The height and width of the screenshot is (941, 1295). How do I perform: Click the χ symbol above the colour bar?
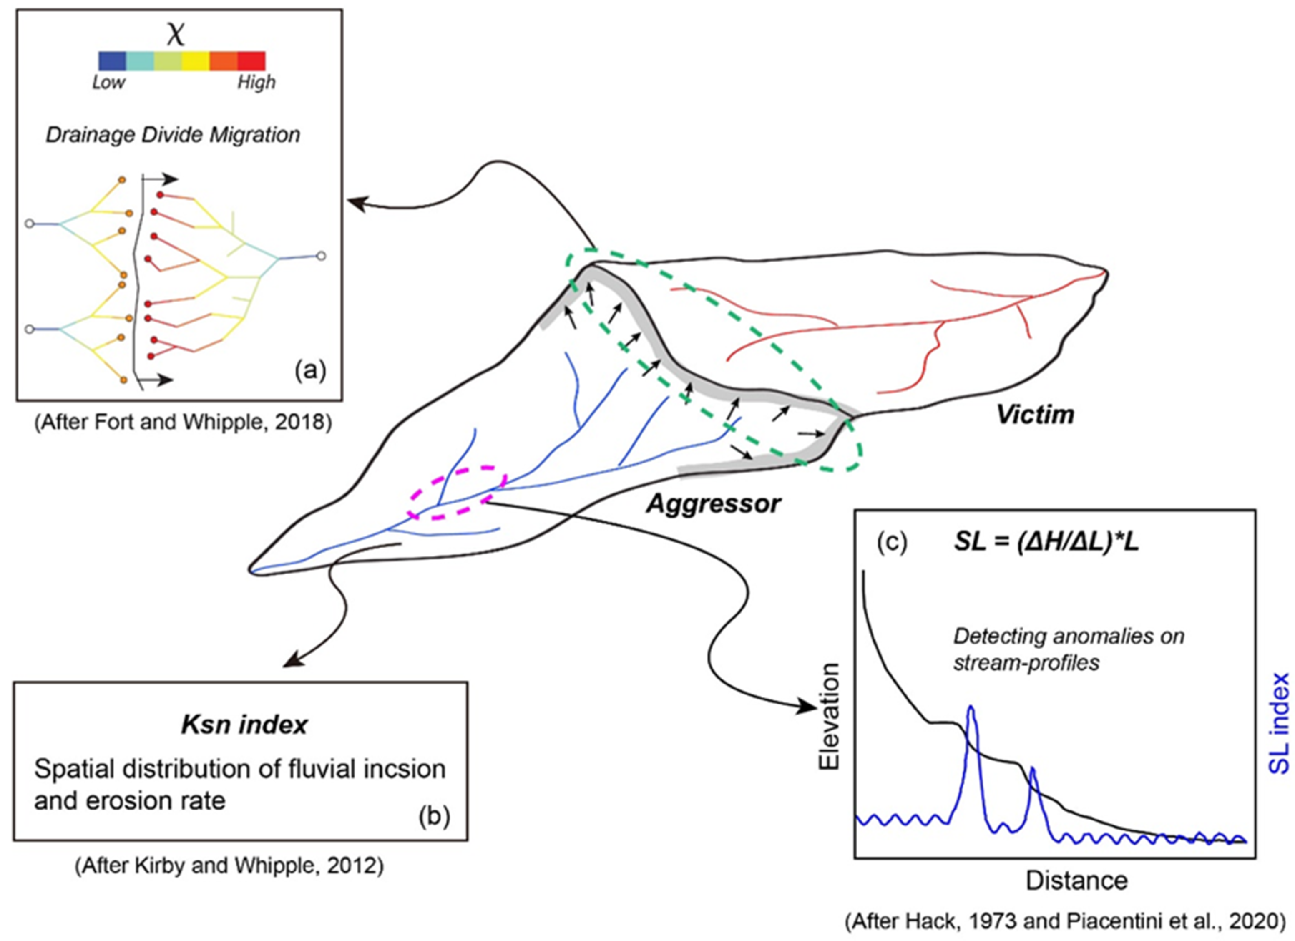pyautogui.click(x=176, y=34)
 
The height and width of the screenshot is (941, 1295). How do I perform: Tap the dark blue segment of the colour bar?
pyautogui.click(x=112, y=61)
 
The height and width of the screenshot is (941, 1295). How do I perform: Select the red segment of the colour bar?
pyautogui.click(x=251, y=61)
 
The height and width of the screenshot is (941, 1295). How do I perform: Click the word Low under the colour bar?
pyautogui.click(x=108, y=83)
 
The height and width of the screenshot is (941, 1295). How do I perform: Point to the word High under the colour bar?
pyautogui.click(x=256, y=83)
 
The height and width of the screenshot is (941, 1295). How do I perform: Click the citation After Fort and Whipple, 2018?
pyautogui.click(x=183, y=422)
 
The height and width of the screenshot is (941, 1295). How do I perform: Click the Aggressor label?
pyautogui.click(x=713, y=503)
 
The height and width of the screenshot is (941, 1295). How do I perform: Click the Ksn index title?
pyautogui.click(x=244, y=725)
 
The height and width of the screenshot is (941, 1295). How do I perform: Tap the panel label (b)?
pyautogui.click(x=434, y=817)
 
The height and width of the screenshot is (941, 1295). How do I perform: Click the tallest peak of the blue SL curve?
pyautogui.click(x=971, y=708)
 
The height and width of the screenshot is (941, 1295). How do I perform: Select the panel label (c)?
pyautogui.click(x=892, y=542)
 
